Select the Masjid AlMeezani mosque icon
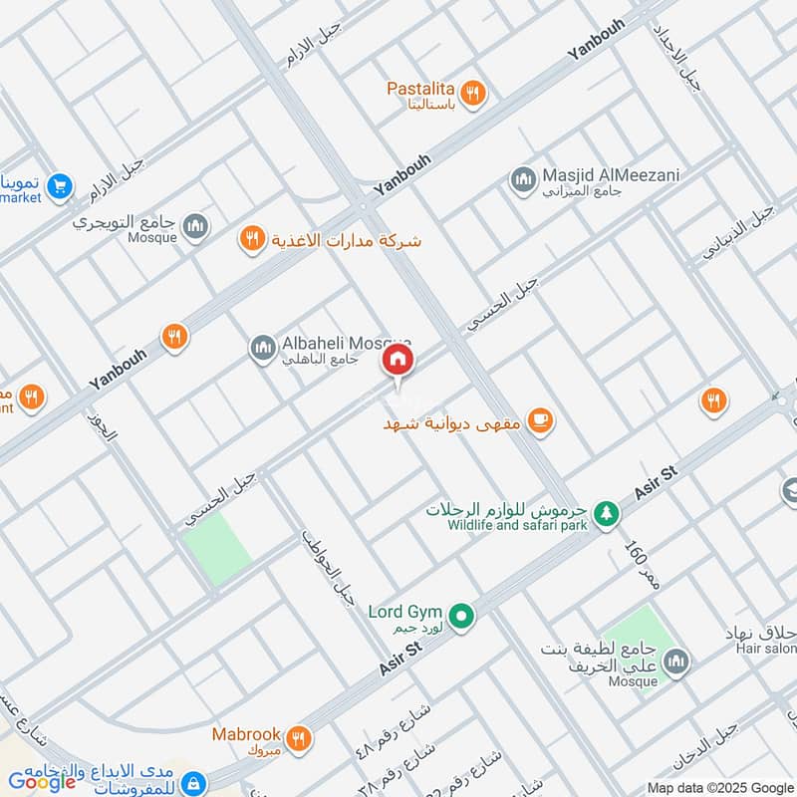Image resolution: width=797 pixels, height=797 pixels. [x=522, y=180]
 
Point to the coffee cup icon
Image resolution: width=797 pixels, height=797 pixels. [x=540, y=422]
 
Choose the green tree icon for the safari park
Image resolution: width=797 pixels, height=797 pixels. [x=605, y=514]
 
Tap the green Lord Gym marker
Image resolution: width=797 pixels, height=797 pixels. [x=460, y=617]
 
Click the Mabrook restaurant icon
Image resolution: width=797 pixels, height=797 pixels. [x=297, y=738]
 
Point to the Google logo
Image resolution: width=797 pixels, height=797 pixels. [x=44, y=781]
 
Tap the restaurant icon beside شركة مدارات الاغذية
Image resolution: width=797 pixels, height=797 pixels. [x=251, y=239]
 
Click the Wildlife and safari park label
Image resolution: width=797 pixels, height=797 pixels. [x=516, y=525]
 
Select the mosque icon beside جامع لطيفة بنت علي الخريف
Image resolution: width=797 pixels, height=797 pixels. [x=676, y=663]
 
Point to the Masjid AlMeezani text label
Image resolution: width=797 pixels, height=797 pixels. [x=612, y=175]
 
